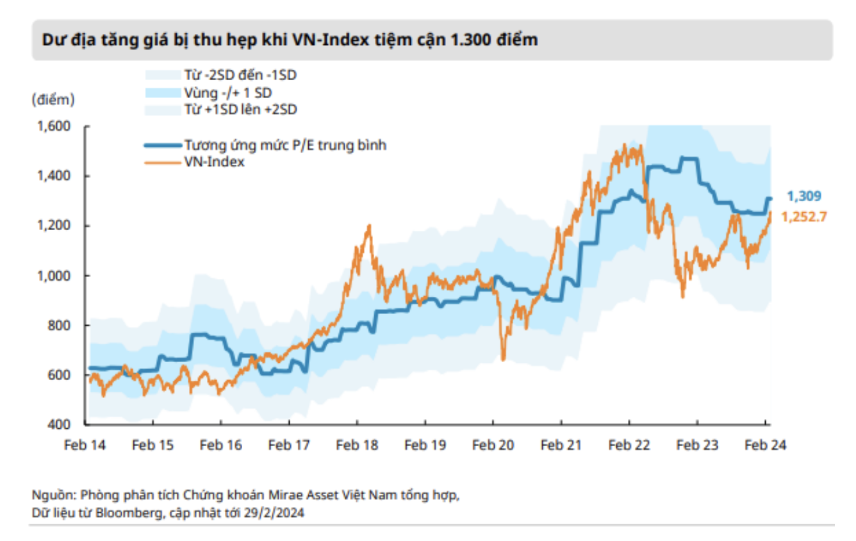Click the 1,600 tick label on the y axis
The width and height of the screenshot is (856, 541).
(x=54, y=126)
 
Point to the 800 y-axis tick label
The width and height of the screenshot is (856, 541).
(x=59, y=326)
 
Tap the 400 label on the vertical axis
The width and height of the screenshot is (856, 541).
(x=59, y=424)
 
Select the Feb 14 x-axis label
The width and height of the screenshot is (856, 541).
(x=85, y=445)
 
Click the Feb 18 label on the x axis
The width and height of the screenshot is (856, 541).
(x=357, y=445)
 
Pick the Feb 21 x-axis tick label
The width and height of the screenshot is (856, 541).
(x=561, y=445)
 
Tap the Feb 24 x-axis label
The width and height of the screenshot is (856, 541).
(x=766, y=445)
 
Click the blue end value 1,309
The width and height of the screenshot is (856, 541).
(x=804, y=196)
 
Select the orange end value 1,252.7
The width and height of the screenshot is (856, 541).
(x=804, y=217)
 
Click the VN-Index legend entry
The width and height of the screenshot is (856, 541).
(x=195, y=162)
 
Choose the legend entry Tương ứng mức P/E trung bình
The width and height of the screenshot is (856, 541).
(x=265, y=146)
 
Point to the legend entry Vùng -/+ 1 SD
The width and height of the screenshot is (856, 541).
(x=209, y=92)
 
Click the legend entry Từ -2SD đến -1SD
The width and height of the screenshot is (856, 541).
(x=221, y=75)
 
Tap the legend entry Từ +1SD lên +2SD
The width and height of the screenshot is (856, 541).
(x=221, y=110)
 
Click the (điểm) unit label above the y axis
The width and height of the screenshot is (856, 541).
(x=53, y=100)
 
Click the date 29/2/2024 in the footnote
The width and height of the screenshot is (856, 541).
(x=274, y=513)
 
